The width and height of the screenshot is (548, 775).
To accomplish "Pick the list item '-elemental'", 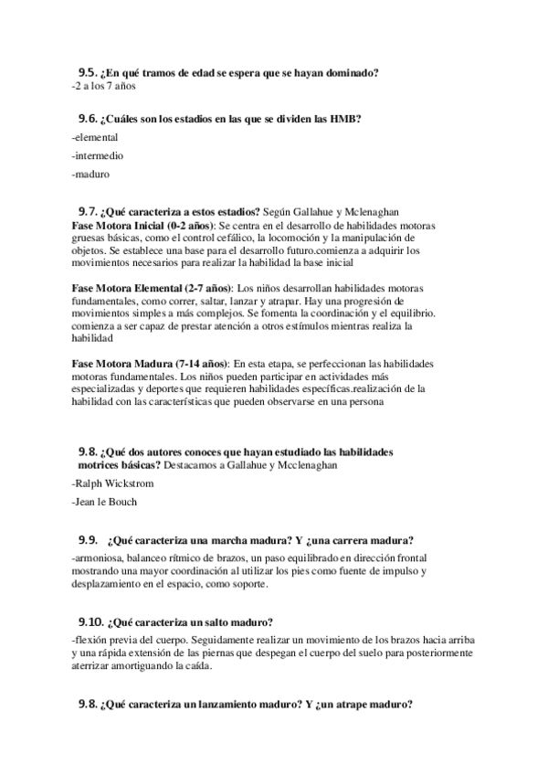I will (x=93, y=136).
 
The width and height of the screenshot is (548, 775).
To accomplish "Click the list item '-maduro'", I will (x=90, y=172).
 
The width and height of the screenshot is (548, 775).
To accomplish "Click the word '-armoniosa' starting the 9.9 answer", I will (x=96, y=557).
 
